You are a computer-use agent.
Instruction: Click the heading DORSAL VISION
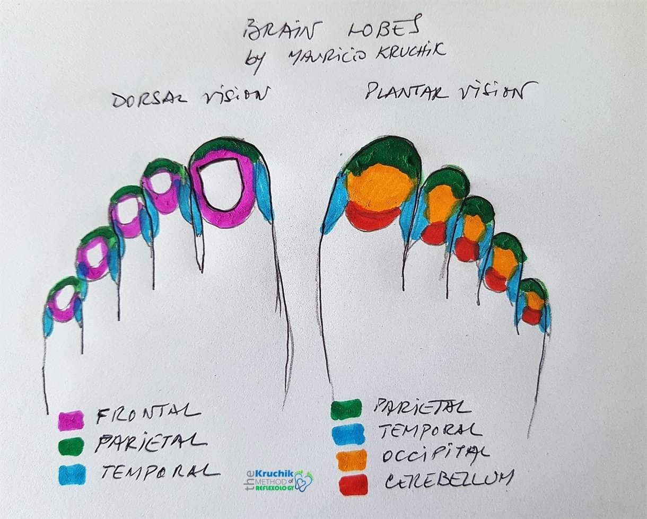[x=188, y=97]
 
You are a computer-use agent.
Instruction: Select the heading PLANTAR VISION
[x=444, y=92]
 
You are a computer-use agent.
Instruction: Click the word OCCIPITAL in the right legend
[x=434, y=454]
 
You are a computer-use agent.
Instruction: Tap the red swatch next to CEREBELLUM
[x=353, y=485]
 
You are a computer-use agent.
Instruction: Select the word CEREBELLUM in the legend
[x=448, y=480]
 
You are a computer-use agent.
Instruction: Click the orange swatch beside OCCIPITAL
[x=352, y=459]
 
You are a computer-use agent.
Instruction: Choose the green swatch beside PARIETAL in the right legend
[x=346, y=409]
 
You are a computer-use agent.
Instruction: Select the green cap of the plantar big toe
[x=384, y=151]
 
